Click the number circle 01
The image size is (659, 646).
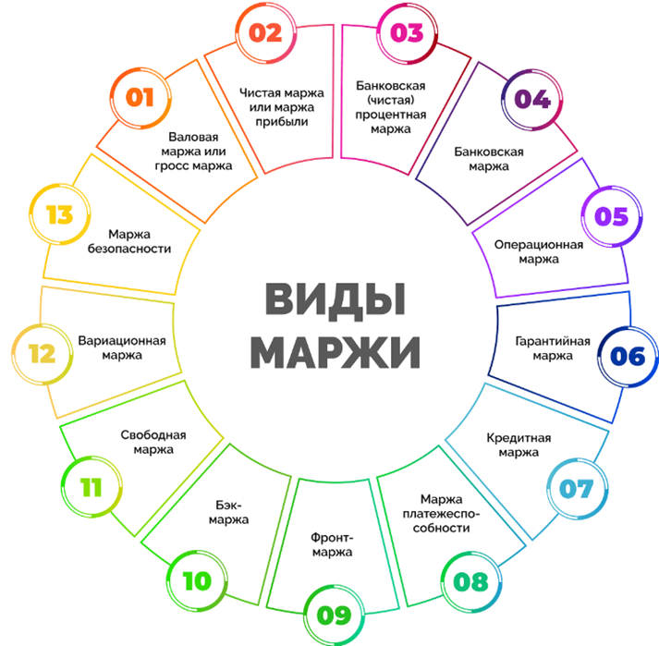(x=140, y=96)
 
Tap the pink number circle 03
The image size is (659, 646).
(x=406, y=34)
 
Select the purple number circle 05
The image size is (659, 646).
(x=611, y=217)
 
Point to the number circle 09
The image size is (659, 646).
(x=333, y=613)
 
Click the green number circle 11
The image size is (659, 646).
(x=90, y=488)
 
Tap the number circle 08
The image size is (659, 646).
(x=470, y=583)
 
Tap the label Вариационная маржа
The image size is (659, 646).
(x=122, y=347)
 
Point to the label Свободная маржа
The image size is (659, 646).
(x=153, y=442)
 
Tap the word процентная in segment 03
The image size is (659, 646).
(x=391, y=115)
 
